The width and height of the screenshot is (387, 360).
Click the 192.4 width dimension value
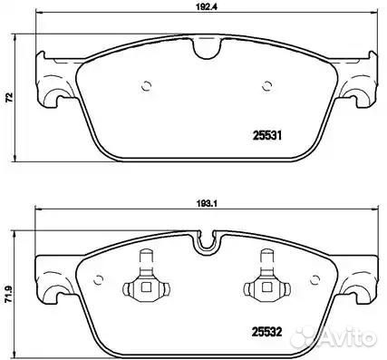click(207, 8)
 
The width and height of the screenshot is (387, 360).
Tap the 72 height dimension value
click(10, 97)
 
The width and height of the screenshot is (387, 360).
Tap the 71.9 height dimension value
click(9, 295)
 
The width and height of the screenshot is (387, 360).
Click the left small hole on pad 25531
click(147, 86)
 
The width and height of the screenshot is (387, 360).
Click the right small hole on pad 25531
click(266, 86)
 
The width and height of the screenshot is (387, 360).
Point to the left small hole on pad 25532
click(98, 280)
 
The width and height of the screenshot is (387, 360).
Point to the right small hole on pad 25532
click(315, 280)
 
